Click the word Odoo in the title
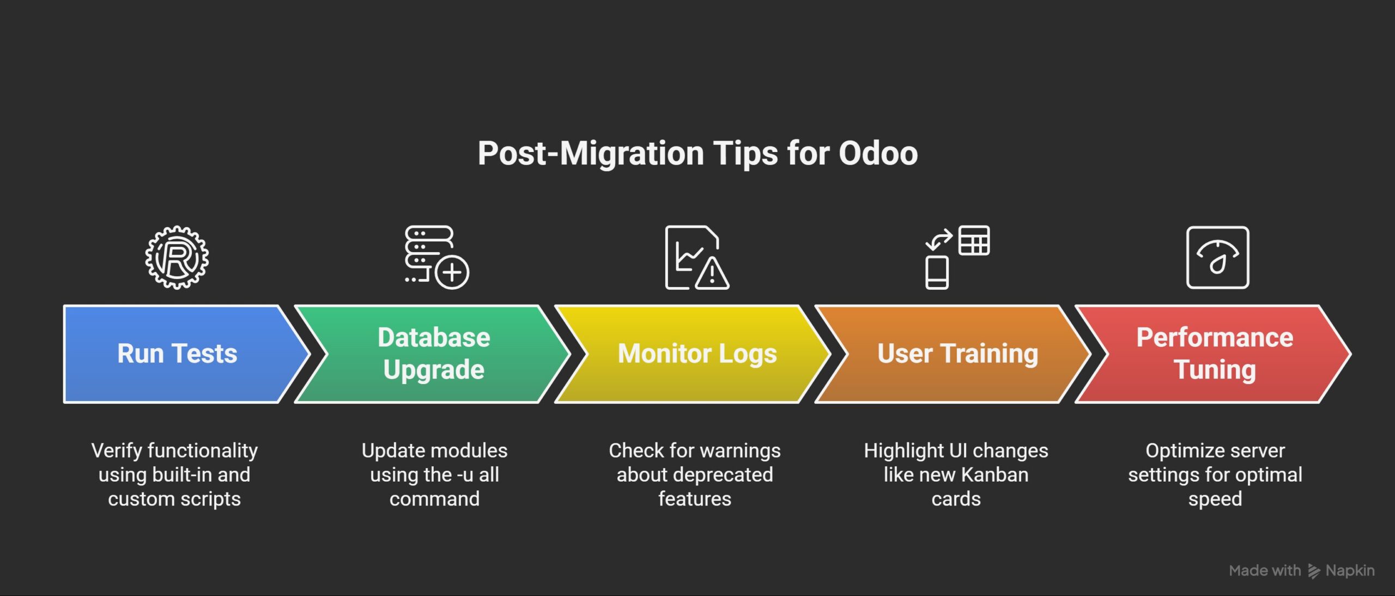click(x=878, y=153)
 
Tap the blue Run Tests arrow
click(x=180, y=354)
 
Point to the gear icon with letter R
click(x=177, y=257)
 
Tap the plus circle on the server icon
click(x=452, y=272)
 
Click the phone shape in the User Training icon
click(x=937, y=272)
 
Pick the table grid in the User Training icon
click(x=974, y=240)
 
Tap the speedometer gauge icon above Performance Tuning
click(x=1218, y=257)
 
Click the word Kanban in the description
click(x=996, y=475)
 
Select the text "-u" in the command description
click(x=465, y=475)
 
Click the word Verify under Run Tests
click(x=117, y=451)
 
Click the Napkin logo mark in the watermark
click(x=1314, y=571)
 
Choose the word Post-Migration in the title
click(x=591, y=153)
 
